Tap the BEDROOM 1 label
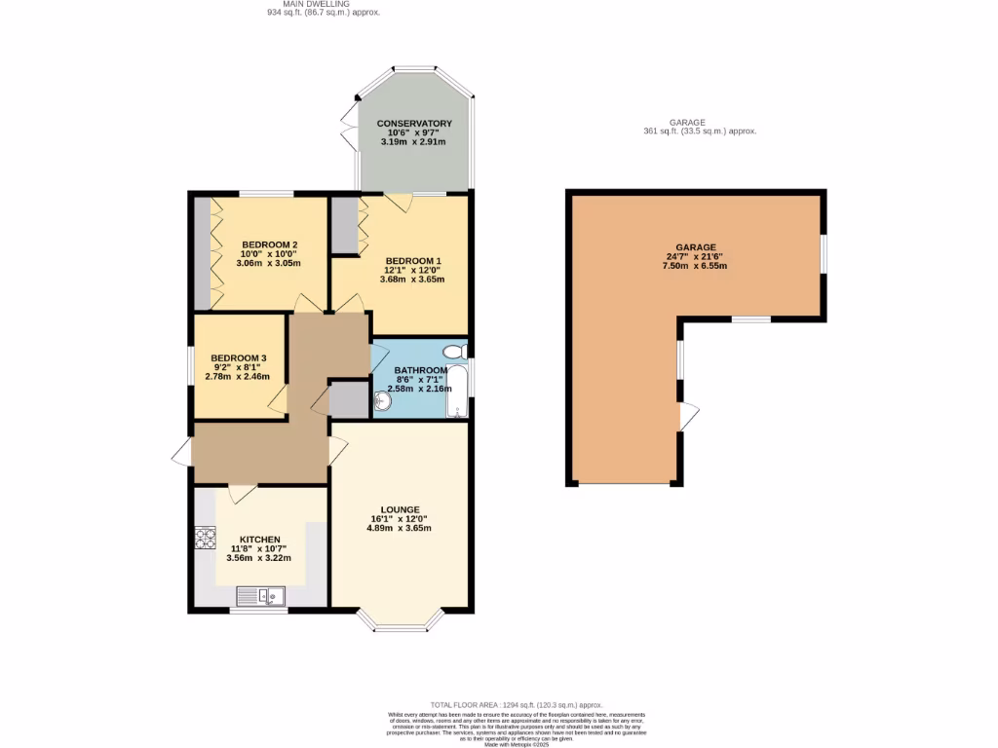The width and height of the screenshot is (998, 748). (414, 260)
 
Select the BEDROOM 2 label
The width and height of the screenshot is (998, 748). (270, 244)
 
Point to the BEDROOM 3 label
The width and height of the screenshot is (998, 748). (238, 357)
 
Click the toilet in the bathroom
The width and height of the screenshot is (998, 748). (454, 352)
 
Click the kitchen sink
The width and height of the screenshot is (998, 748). (260, 594)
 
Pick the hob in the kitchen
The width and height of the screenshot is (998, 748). (205, 538)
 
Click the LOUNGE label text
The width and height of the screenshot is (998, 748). (401, 509)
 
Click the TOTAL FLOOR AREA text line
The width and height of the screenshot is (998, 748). (517, 704)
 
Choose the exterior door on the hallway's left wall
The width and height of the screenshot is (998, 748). (181, 452)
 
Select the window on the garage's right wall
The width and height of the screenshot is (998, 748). (824, 255)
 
